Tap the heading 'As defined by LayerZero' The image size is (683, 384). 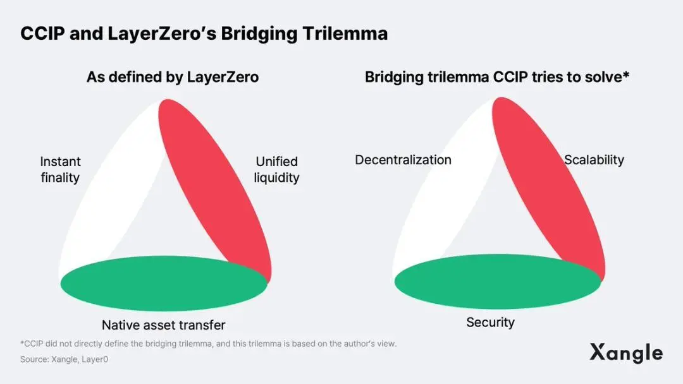pyautogui.click(x=173, y=77)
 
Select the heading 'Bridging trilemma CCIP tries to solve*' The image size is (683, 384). pyautogui.click(x=497, y=77)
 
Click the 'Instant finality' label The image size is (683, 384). pyautogui.click(x=60, y=170)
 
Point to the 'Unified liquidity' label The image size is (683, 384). pyautogui.click(x=276, y=170)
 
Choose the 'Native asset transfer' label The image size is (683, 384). pyautogui.click(x=163, y=325)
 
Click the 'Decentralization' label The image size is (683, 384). pyautogui.click(x=403, y=160)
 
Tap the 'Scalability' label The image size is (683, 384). pyautogui.click(x=594, y=160)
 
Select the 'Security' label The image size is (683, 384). pyautogui.click(x=491, y=322)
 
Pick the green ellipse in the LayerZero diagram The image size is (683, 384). pyautogui.click(x=164, y=283)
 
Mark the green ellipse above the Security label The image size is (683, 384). pyautogui.click(x=498, y=281)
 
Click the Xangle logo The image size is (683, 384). pyautogui.click(x=626, y=352)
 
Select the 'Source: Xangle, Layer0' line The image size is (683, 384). pyautogui.click(x=64, y=359)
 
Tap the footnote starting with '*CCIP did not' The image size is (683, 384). pyautogui.click(x=208, y=344)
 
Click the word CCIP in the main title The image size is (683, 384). pyautogui.click(x=42, y=33)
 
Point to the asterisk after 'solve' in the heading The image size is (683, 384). pyautogui.click(x=626, y=74)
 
